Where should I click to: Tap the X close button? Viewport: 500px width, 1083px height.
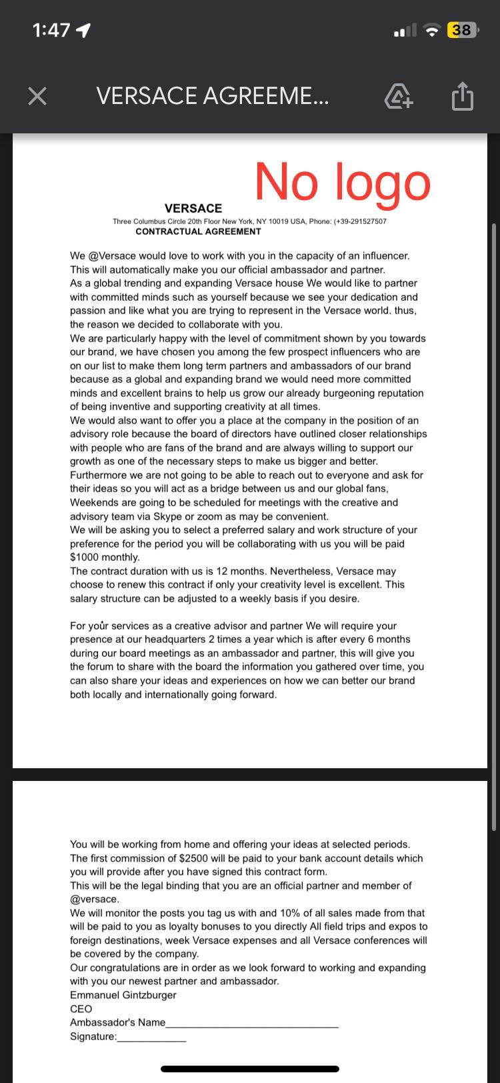click(37, 97)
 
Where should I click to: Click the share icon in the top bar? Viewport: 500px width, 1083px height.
click(462, 97)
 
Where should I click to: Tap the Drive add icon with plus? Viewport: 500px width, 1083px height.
click(399, 97)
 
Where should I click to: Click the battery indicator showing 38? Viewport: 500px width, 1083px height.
click(461, 30)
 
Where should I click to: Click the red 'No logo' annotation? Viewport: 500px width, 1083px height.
click(343, 182)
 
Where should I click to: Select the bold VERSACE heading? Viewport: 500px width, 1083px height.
click(193, 209)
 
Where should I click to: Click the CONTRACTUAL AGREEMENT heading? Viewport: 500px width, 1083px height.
click(198, 231)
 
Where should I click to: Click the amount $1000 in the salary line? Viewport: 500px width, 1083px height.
click(85, 558)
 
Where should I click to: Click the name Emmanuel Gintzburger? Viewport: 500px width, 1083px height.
click(123, 995)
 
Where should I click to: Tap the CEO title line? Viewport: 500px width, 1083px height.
click(81, 1009)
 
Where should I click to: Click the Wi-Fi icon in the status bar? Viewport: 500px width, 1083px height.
click(433, 30)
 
